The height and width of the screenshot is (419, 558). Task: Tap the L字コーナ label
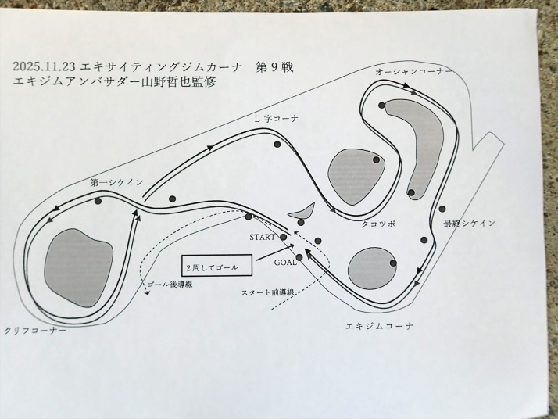[x=277, y=119]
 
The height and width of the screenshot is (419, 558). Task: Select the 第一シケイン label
[x=116, y=182]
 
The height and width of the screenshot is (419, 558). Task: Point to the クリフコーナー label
[x=35, y=331]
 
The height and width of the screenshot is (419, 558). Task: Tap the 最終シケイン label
[x=469, y=224]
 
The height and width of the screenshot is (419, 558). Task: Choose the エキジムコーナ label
[x=379, y=324]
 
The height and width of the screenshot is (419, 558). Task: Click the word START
[x=263, y=236]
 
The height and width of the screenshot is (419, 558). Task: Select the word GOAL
[x=284, y=263]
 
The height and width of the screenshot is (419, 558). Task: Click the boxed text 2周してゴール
[x=216, y=267]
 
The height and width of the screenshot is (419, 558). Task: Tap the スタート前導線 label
[x=268, y=292]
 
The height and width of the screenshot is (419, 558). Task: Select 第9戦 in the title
[x=274, y=65]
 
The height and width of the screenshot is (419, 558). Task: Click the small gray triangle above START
[x=301, y=211]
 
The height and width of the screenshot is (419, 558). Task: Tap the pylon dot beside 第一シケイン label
[x=98, y=202]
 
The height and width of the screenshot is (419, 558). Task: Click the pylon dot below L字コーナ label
[x=277, y=144]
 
